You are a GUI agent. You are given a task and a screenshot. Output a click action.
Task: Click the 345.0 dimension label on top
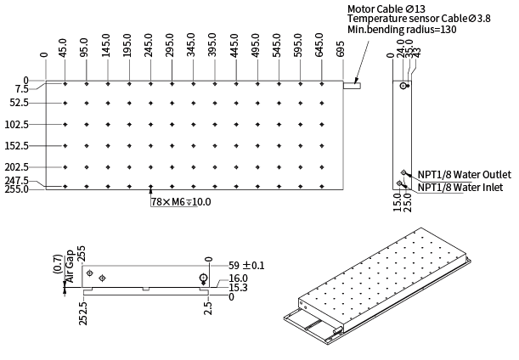pos(191,45)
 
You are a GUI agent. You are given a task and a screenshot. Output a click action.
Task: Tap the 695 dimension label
pos(340,49)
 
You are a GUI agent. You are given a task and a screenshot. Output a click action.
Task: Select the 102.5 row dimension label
pos(17,125)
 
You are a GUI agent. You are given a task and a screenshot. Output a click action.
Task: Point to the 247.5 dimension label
pos(16,181)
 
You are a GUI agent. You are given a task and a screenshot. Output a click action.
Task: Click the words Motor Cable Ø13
pos(386,8)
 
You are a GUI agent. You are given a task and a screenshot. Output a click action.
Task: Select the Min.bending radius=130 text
pos(402,30)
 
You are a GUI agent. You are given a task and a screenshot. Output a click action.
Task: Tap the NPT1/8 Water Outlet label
pos(465,174)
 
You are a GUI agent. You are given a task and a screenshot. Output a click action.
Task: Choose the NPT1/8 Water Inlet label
pos(460,188)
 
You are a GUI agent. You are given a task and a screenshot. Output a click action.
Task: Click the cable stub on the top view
pos(352,86)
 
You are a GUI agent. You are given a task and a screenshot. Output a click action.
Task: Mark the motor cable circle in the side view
pos(403,86)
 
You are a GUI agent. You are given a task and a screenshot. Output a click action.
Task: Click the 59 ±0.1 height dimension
pos(246,266)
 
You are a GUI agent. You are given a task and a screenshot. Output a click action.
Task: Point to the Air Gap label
pos(70,267)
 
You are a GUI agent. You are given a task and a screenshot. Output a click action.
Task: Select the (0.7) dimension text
pos(59,264)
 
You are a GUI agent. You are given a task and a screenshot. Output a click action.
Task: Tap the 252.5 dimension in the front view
pos(83,313)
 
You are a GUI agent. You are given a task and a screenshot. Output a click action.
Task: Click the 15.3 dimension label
pos(239,288)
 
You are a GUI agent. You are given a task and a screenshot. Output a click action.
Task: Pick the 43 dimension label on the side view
pos(417,53)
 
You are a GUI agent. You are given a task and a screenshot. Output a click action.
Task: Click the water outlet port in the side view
pos(403,172)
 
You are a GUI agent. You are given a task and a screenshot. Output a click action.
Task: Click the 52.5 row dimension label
pos(20,103)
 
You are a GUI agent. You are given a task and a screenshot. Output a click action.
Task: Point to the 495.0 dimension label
pos(256,45)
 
